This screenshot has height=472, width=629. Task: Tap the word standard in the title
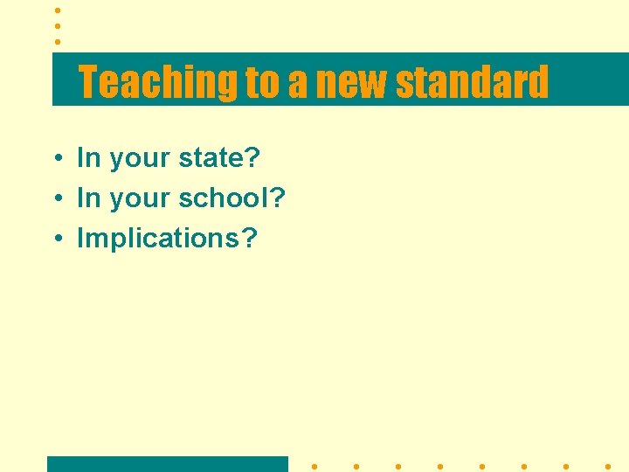(472, 82)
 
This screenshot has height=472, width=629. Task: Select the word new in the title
(352, 83)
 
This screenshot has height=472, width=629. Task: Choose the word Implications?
(168, 239)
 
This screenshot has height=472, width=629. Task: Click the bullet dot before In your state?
(55, 159)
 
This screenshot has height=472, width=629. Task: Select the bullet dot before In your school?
(55, 199)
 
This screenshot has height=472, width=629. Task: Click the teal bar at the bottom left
(167, 464)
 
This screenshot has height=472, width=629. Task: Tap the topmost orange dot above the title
(57, 10)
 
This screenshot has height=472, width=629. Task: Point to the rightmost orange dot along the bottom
(608, 467)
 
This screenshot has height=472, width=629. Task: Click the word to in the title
(260, 83)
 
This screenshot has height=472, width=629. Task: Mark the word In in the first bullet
(89, 158)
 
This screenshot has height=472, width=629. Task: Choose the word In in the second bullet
(89, 198)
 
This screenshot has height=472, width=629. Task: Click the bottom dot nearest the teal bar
(314, 467)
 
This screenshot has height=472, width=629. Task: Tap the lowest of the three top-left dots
(57, 41)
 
